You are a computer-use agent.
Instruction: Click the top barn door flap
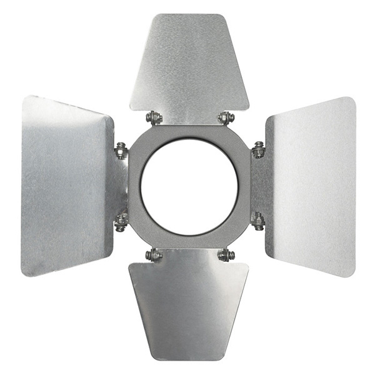click(x=189, y=62)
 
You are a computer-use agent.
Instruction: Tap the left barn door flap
click(x=66, y=186)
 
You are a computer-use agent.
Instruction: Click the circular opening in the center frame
click(x=189, y=186)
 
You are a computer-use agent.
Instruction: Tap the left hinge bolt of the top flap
click(x=154, y=117)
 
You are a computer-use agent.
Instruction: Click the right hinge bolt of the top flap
click(x=226, y=117)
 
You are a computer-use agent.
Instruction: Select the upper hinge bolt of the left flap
click(x=121, y=151)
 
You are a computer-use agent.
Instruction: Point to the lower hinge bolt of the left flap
click(x=121, y=221)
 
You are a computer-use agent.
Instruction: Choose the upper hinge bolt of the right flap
click(x=257, y=150)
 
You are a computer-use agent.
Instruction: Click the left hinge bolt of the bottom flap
click(x=154, y=254)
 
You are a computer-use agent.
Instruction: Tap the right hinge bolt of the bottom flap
click(x=226, y=254)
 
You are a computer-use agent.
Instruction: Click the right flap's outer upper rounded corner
click(x=350, y=102)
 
